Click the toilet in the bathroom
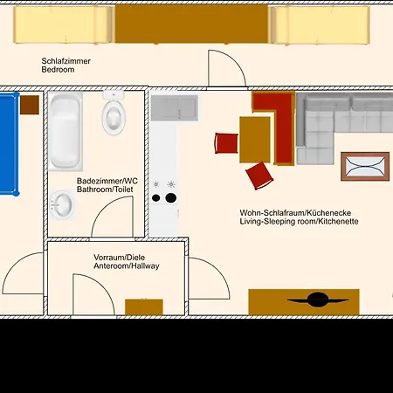tap(114, 114)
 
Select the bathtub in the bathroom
tap(65, 131)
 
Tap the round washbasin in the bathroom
tap(62, 204)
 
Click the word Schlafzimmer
tap(66, 61)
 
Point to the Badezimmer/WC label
tap(107, 181)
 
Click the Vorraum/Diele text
tap(119, 258)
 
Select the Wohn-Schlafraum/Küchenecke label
tap(295, 213)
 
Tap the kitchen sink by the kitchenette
tap(175, 107)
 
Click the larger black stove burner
tap(171, 198)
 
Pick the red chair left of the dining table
tap(226, 142)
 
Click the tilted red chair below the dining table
tap(259, 176)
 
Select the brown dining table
tap(255, 140)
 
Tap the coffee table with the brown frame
tap(365, 166)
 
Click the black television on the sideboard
tap(318, 300)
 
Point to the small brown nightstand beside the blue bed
tap(30, 105)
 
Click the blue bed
tap(9, 144)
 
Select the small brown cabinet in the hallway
tap(144, 307)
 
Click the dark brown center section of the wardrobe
tap(191, 24)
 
